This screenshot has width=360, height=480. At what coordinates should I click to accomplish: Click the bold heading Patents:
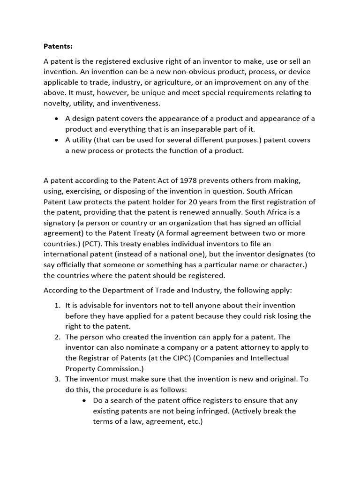pos(58,46)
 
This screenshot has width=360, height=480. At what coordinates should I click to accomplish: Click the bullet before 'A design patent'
pos(57,119)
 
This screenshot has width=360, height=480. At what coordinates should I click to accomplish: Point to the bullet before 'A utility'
pos(57,140)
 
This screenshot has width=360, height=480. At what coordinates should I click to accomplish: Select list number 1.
pos(57,306)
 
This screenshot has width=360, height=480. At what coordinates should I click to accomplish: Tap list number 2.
pos(57,337)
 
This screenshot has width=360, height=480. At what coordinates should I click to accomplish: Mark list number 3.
pos(57,379)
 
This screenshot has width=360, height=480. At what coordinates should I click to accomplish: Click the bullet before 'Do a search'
pos(84,401)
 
